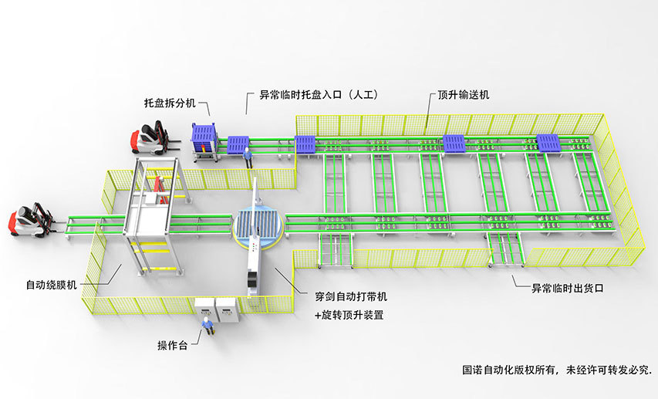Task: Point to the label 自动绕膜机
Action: click(51, 285)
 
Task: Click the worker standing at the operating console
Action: click(206, 327)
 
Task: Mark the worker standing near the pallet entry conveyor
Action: click(248, 157)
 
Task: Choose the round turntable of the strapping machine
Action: click(257, 232)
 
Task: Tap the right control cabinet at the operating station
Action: click(228, 309)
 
